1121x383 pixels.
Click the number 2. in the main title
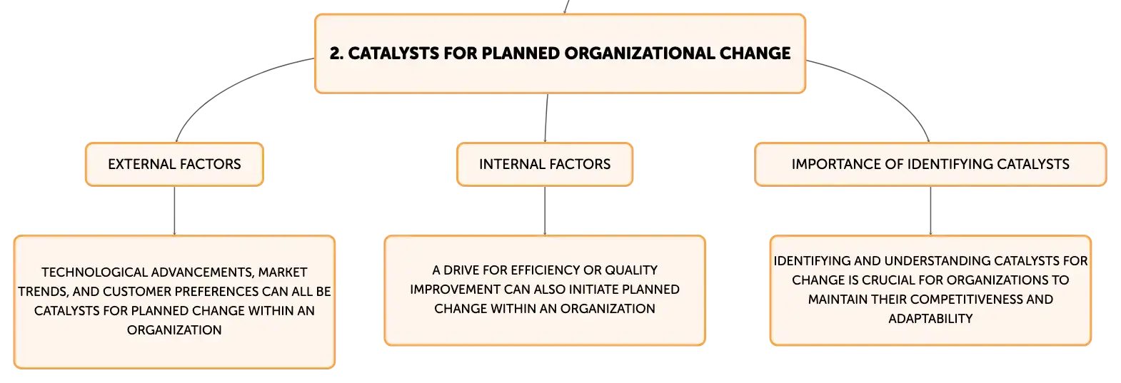(336, 53)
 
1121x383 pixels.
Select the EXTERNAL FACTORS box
(174, 165)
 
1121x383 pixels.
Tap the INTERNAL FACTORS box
(545, 165)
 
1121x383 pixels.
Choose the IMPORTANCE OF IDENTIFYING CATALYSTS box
(930, 165)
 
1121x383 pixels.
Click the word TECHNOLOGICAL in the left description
(95, 272)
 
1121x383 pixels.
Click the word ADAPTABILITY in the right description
(930, 319)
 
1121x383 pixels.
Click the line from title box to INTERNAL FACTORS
(546, 118)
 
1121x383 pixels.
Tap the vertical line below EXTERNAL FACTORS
(174, 210)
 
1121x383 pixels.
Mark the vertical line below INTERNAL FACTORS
(545, 210)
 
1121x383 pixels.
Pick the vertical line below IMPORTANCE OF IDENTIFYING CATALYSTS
(930, 210)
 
